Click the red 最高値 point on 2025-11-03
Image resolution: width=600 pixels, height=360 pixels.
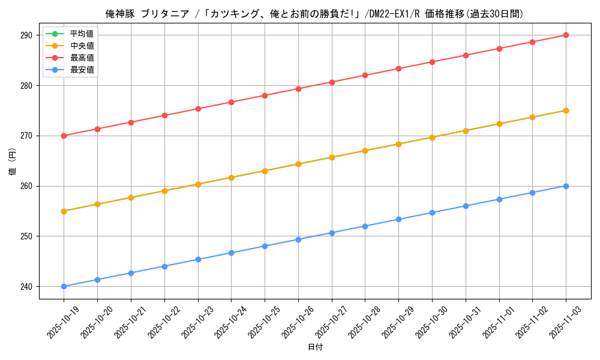(566, 35)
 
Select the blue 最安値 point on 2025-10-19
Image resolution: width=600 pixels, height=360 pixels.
(64, 286)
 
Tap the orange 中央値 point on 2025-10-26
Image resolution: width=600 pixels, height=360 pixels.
(298, 164)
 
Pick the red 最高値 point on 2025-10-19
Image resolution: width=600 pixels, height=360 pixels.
(64, 136)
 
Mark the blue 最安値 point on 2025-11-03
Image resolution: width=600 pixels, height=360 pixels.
(566, 186)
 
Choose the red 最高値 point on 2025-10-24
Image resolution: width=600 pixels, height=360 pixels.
(231, 102)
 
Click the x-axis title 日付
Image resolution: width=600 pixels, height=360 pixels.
(315, 347)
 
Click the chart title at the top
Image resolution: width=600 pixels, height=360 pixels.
(315, 14)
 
